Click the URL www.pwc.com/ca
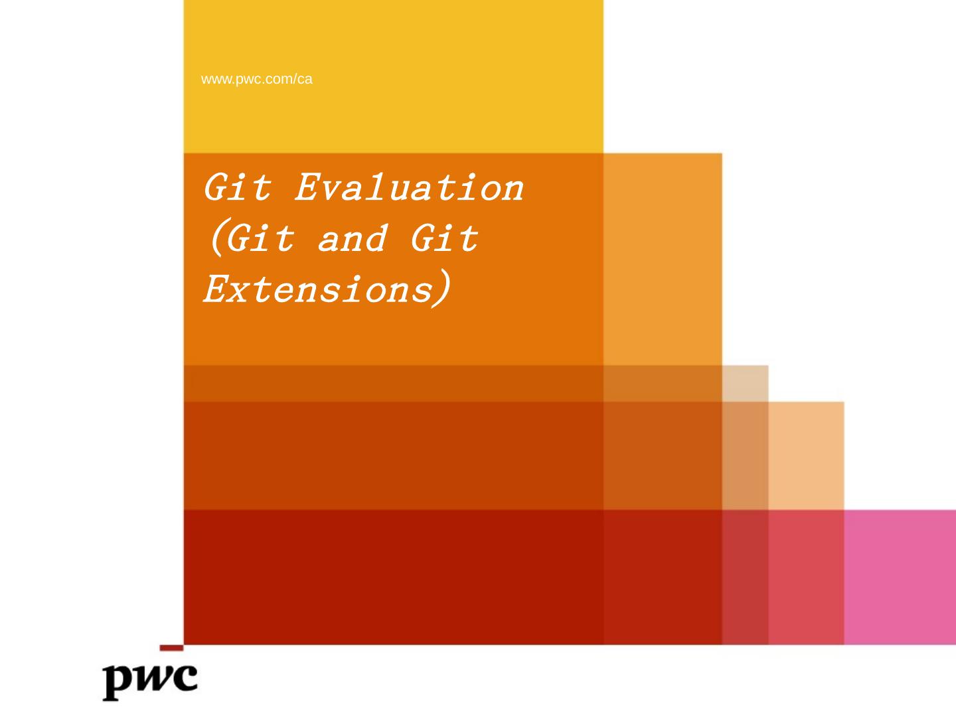point(256,79)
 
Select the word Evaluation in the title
point(409,187)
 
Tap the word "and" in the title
point(353,238)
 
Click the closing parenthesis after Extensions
point(441,288)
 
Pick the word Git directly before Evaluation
point(238,187)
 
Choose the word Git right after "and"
point(445,238)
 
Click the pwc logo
point(150,682)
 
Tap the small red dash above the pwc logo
point(171,648)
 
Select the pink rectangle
point(900,578)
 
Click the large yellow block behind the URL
point(393,76)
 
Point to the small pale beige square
point(745,384)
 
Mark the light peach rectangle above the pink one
point(806,456)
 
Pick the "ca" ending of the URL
point(305,79)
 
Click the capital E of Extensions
point(216,288)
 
